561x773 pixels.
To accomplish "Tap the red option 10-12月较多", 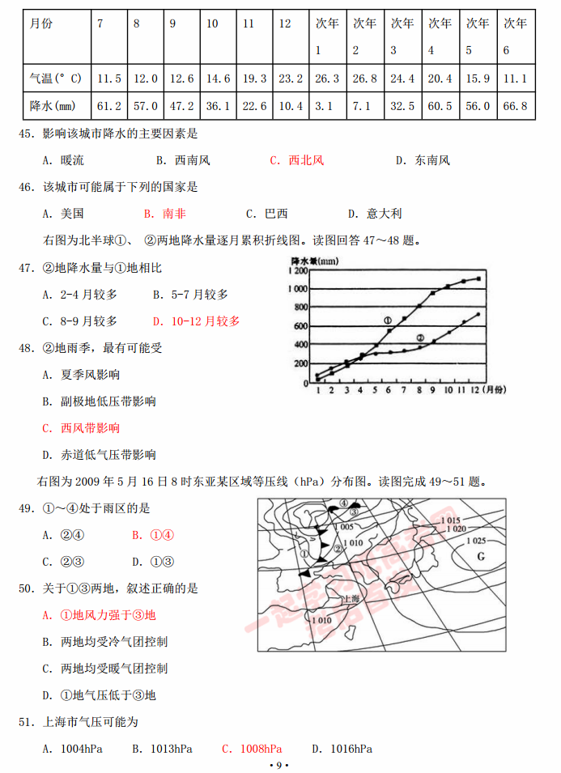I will (206, 321).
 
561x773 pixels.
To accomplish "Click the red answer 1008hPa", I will (261, 749).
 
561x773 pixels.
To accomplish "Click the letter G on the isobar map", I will (479, 556).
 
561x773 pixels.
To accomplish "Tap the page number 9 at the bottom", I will (279, 765).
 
